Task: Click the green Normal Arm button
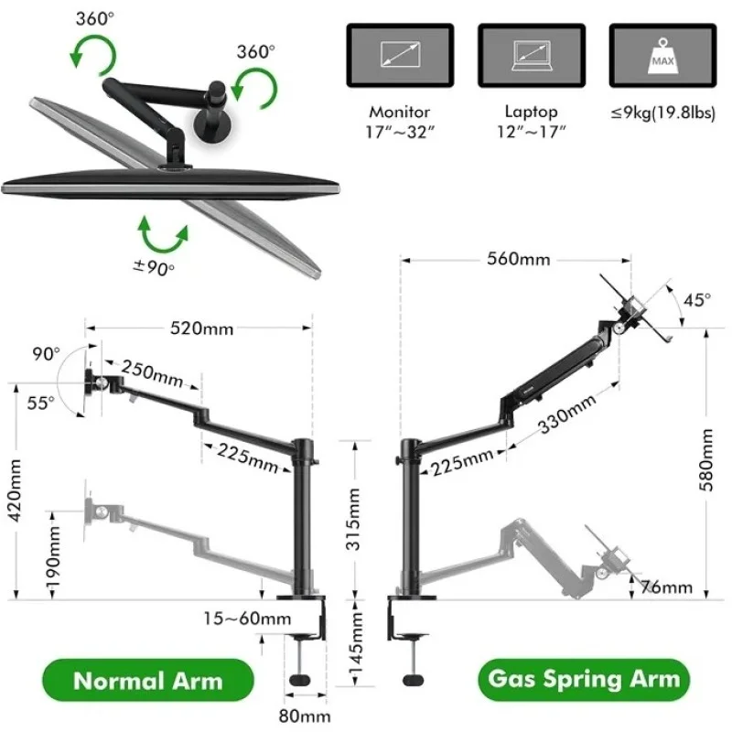tap(148, 680)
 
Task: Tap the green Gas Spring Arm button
tap(584, 679)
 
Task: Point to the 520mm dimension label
tap(201, 328)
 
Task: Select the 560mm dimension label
tap(518, 259)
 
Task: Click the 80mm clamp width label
tap(305, 716)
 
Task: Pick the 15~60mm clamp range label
tap(247, 619)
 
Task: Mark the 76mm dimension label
tap(667, 587)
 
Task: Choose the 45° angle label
tap(697, 300)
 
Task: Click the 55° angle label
tap(40, 403)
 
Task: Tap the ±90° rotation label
tap(154, 268)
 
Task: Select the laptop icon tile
tap(532, 56)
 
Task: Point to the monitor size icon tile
tap(400, 56)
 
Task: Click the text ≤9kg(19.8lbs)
tap(662, 113)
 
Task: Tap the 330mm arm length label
tap(567, 414)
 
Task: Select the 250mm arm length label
tap(152, 374)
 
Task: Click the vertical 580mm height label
tap(705, 460)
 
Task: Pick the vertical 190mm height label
tap(53, 557)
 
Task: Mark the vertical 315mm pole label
tap(353, 519)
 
